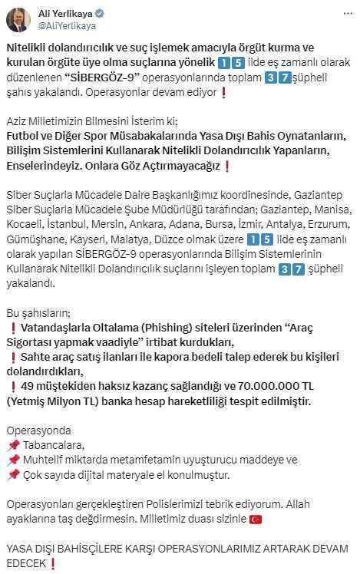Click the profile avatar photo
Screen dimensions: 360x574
(18, 19)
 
